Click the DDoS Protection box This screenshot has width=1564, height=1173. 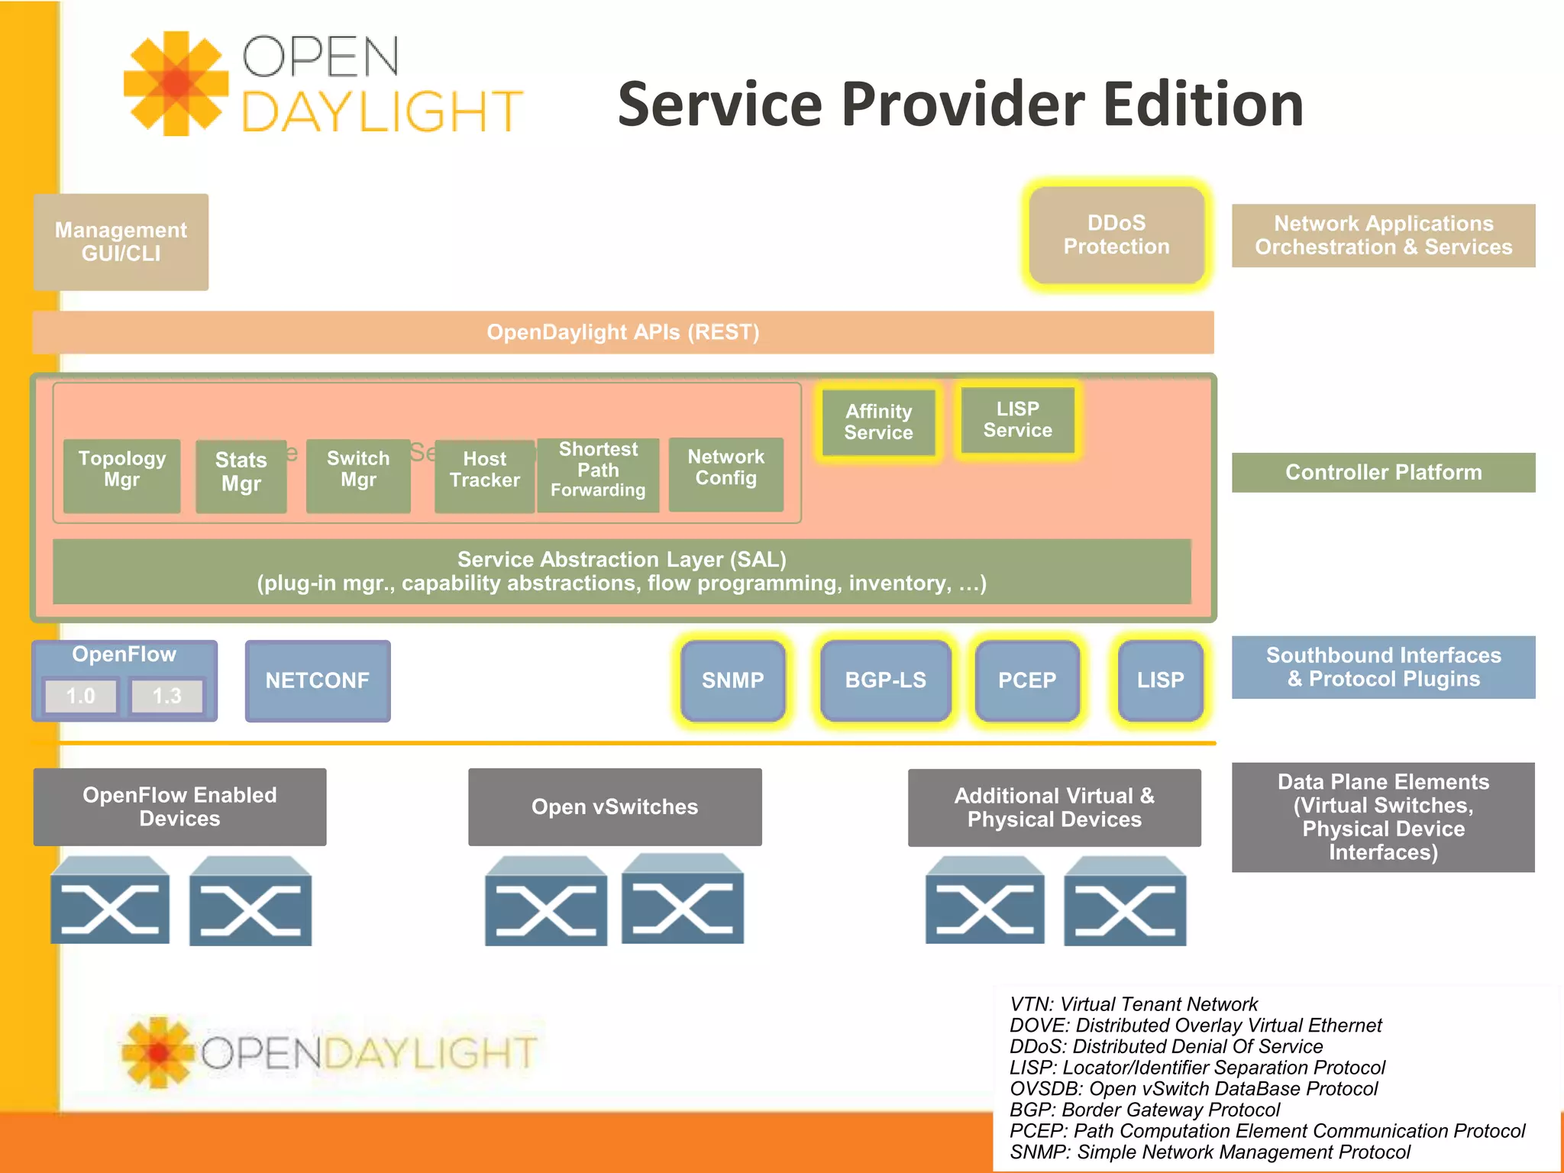1116,235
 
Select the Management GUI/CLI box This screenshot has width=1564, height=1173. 121,241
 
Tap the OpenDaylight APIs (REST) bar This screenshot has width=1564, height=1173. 622,332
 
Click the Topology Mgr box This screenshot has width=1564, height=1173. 121,475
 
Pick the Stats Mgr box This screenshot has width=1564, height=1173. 241,476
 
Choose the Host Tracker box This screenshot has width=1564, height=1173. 484,476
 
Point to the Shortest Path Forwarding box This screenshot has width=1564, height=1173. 598,474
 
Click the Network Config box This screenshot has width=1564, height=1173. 725,473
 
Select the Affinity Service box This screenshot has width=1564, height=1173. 878,422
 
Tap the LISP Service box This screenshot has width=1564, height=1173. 1017,420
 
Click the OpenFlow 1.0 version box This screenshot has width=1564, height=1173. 80,696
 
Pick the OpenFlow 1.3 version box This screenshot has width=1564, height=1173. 166,696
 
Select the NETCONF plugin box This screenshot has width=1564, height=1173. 317,680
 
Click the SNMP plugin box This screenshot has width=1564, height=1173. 732,680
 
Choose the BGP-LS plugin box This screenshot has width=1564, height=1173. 885,680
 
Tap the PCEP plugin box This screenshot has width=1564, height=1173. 1026,680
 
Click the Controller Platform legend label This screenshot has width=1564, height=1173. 1383,473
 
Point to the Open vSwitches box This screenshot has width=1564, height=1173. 615,807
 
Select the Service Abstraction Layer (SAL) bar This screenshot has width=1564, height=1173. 622,571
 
